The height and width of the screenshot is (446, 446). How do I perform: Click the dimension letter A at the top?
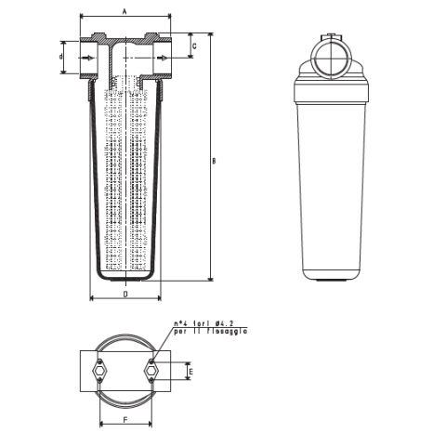pos(125,10)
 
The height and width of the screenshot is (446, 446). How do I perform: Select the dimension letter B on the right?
pos(214,161)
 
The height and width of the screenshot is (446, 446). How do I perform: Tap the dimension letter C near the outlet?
pos(193,45)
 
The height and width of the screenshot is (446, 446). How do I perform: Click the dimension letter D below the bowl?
pos(125,293)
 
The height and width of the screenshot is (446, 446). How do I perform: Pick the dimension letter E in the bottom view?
pos(190,372)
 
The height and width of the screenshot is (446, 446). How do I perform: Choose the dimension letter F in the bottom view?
pos(125,420)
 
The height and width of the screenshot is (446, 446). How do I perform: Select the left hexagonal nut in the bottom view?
pos(99,372)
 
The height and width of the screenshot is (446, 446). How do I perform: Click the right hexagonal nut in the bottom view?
pos(151,372)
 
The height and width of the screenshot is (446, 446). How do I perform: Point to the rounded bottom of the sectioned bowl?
pos(125,276)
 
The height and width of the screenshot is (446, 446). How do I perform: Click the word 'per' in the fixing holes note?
pos(178,331)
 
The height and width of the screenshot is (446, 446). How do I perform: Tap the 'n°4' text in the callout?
pos(179,322)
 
